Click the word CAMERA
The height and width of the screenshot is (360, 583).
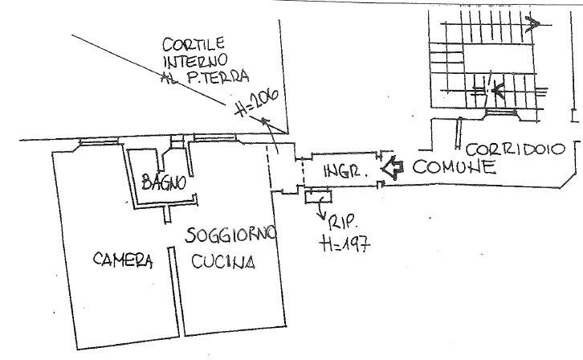[123, 260]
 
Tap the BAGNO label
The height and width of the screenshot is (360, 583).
[164, 182]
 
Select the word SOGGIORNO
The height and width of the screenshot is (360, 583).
[231, 235]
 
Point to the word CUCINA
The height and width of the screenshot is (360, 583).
[223, 261]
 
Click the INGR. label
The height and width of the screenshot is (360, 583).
[346, 171]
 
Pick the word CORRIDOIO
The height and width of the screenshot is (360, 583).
[516, 149]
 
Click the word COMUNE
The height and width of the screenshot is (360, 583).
[454, 167]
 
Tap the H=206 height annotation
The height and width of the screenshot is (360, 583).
[257, 102]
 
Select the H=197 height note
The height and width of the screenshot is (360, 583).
[344, 244]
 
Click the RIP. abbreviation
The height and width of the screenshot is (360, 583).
[343, 223]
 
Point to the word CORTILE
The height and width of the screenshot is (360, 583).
[194, 44]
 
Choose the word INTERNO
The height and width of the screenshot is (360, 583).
[196, 60]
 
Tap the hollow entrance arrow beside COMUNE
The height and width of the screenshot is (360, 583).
[392, 168]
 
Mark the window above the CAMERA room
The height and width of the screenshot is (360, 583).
[99, 141]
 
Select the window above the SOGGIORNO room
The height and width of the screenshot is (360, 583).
[215, 138]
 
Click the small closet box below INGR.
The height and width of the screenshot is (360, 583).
[318, 195]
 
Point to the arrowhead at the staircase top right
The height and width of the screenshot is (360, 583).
[532, 25]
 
